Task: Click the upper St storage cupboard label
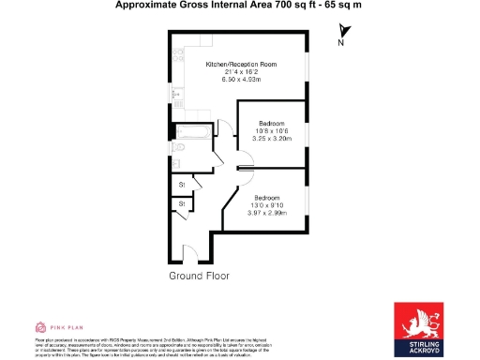(x=181, y=185)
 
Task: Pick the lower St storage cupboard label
(x=181, y=203)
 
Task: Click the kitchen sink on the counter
(x=176, y=90)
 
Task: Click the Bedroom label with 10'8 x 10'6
(x=272, y=123)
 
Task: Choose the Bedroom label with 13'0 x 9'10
(x=266, y=197)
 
